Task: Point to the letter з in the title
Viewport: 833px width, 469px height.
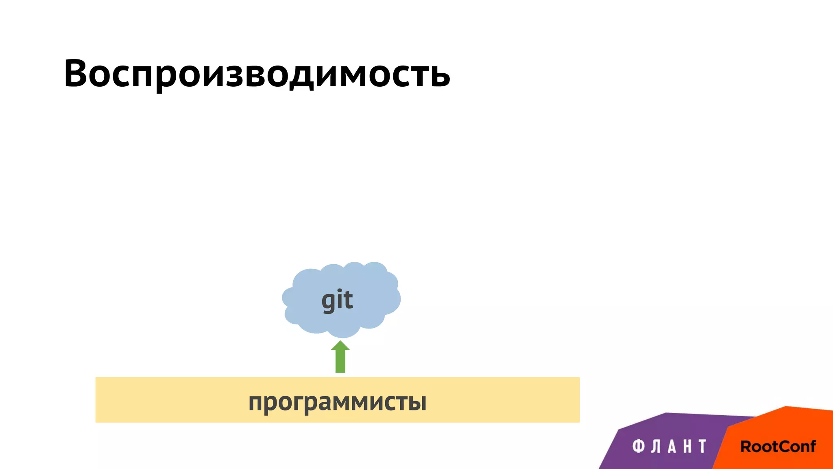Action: coord(233,76)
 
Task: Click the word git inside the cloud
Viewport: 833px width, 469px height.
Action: coord(337,300)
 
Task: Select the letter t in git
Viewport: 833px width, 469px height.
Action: coord(348,300)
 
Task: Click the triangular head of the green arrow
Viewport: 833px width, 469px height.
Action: coord(340,346)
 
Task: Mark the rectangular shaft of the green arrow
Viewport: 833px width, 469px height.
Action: coord(340,362)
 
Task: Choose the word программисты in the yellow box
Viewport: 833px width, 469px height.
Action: coord(337,402)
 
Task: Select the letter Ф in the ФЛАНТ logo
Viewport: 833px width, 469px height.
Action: coord(639,446)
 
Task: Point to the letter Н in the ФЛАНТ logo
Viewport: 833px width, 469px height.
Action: coord(687,446)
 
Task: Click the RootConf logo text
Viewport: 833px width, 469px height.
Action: coord(778,447)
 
